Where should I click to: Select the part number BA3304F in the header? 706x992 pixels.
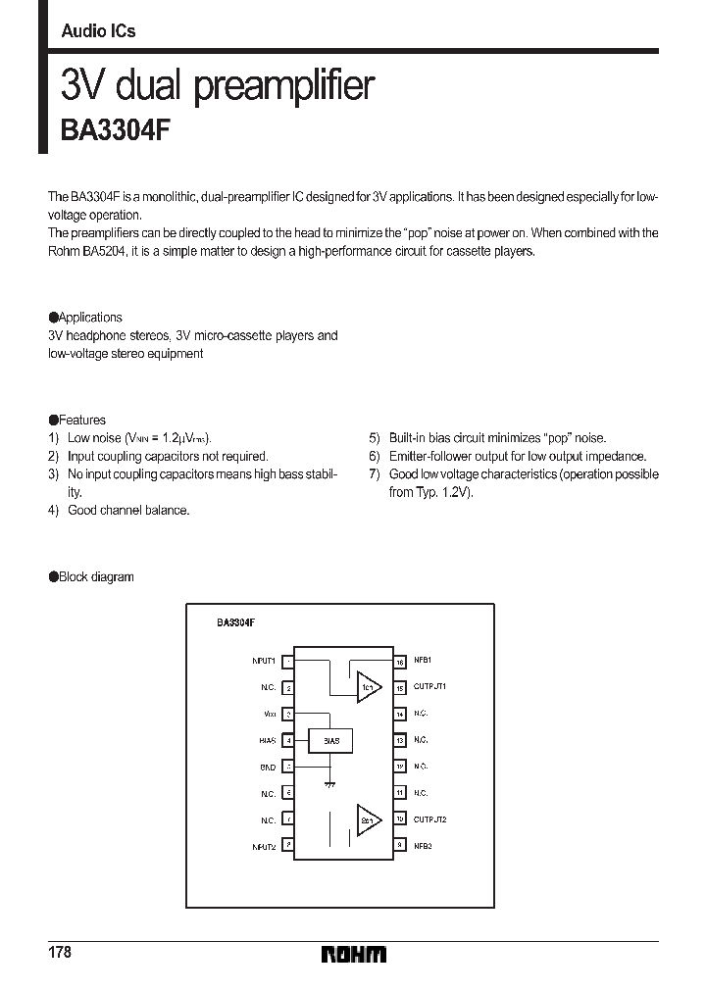pos(117,130)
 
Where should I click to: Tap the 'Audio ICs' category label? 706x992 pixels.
pos(98,31)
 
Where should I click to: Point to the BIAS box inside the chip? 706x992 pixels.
pos(330,741)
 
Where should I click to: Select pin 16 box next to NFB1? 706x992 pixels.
pos(400,663)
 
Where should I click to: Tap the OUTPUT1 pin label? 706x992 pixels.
pos(429,687)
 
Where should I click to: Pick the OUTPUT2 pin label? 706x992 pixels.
pos(429,818)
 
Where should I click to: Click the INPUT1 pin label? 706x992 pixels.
pos(263,662)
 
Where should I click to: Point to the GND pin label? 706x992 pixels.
pos(269,767)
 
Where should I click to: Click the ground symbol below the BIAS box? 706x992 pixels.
pos(330,785)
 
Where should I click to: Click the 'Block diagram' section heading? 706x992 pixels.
pos(95,577)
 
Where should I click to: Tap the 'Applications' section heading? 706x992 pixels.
pos(89,318)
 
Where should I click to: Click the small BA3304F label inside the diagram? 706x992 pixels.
pos(235,621)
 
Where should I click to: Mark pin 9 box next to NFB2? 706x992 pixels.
pos(400,844)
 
